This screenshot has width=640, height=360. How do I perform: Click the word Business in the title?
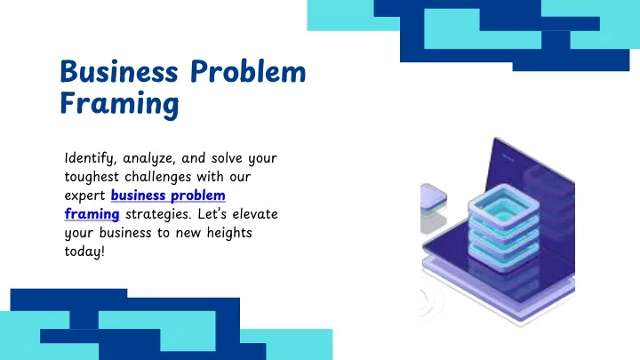[119, 71]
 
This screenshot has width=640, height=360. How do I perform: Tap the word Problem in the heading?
[248, 71]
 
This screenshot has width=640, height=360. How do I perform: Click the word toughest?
[92, 178]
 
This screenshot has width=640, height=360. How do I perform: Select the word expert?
[85, 196]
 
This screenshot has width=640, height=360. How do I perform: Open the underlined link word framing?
[92, 215]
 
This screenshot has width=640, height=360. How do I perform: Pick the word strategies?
[158, 215]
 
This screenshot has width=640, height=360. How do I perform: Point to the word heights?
[229, 234]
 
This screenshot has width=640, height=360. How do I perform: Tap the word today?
[84, 252]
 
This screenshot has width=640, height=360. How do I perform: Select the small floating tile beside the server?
[433, 196]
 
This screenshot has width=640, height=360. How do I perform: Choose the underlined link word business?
[138, 196]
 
